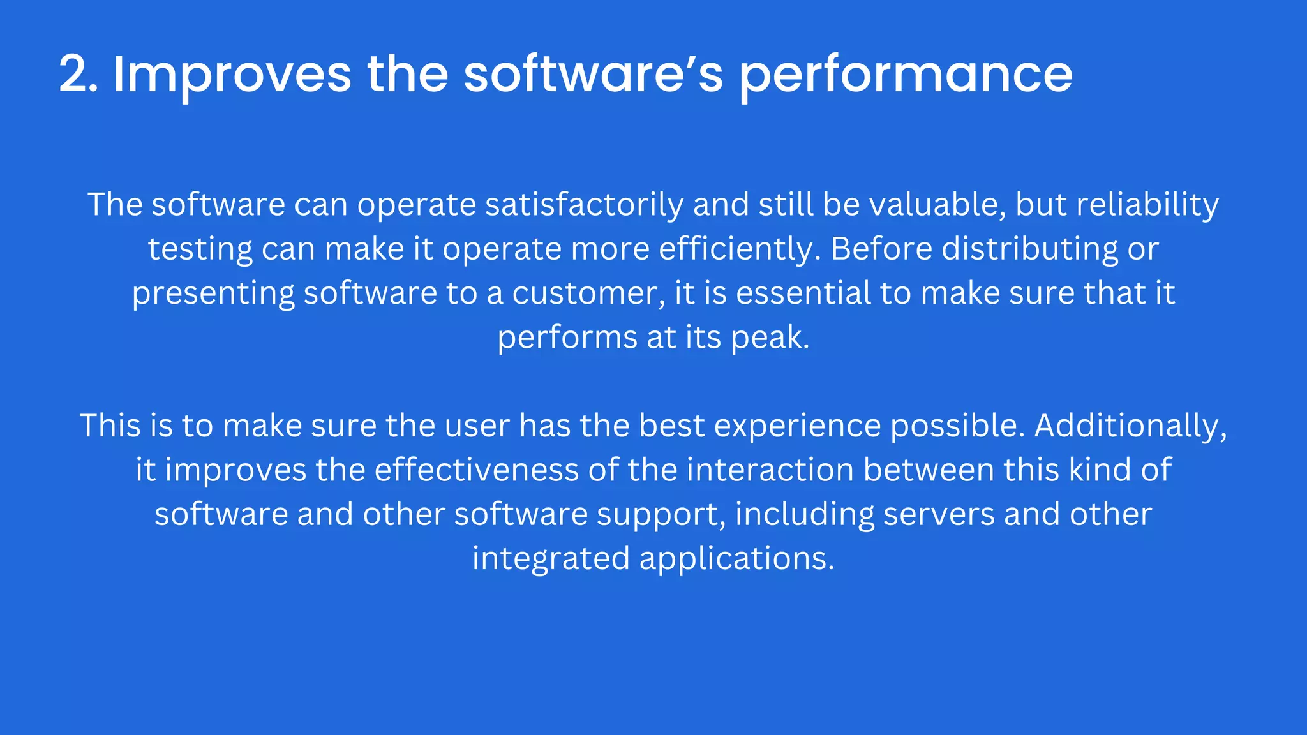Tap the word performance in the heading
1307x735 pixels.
point(906,75)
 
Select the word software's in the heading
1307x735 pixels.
point(594,75)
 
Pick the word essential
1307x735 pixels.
point(803,293)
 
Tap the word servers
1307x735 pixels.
point(939,514)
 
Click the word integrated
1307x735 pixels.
point(551,558)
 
